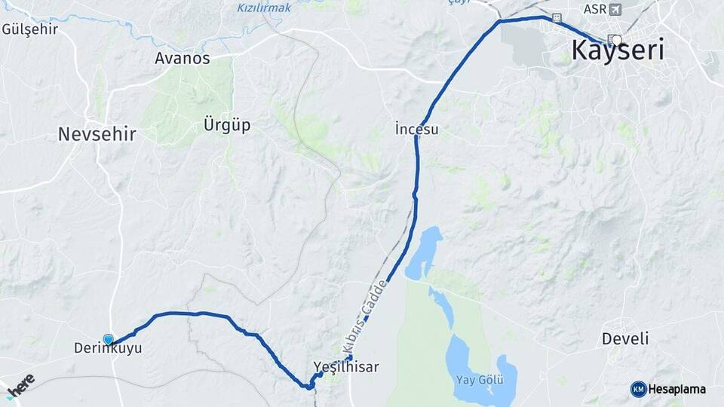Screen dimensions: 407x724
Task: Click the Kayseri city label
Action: coord(618,50)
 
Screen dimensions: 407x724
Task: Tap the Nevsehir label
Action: coord(97,134)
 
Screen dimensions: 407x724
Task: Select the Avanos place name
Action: coord(182,58)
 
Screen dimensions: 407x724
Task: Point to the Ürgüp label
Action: coord(227,124)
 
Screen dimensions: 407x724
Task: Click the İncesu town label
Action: coord(416,130)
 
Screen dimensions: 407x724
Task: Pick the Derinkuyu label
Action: coord(108,348)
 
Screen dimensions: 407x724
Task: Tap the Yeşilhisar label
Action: coord(345,367)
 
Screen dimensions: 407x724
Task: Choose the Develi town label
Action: coord(625,338)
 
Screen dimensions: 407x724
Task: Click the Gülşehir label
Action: coord(30,29)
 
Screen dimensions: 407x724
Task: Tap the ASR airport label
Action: coord(594,10)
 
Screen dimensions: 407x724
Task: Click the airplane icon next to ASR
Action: coord(615,10)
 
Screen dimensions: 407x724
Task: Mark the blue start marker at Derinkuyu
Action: coord(108,340)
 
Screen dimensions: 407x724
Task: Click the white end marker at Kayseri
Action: coord(617,40)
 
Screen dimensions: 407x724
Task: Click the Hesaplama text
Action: coord(676,389)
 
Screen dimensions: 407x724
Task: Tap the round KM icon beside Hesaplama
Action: coord(639,389)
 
